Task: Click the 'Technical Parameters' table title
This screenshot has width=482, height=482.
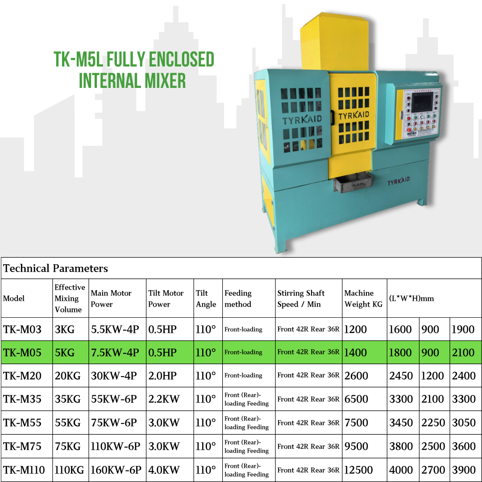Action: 56,268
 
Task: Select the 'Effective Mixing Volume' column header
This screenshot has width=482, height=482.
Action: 70,298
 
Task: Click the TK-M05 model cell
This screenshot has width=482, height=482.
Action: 22,353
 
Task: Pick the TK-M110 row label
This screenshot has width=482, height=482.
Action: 24,470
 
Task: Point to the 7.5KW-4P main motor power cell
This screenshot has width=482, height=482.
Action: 115,353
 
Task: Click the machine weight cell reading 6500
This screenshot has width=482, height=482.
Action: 356,399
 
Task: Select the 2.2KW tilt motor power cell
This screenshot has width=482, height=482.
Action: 164,399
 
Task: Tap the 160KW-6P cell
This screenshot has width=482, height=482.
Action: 116,470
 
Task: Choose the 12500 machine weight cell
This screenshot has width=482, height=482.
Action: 358,470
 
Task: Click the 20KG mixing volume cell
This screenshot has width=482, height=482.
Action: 68,376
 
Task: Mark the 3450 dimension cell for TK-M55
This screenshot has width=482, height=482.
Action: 401,423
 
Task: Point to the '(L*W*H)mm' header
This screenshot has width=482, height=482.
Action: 411,299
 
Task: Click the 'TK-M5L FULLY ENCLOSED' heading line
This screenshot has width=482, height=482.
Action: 134,59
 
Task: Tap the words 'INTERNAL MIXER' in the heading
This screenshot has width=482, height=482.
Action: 132,80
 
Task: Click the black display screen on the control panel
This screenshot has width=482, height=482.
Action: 422,102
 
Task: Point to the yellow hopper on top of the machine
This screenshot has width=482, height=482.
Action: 335,42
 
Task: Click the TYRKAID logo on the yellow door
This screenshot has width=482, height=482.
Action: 353,116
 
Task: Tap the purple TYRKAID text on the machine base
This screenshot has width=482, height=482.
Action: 399,181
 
